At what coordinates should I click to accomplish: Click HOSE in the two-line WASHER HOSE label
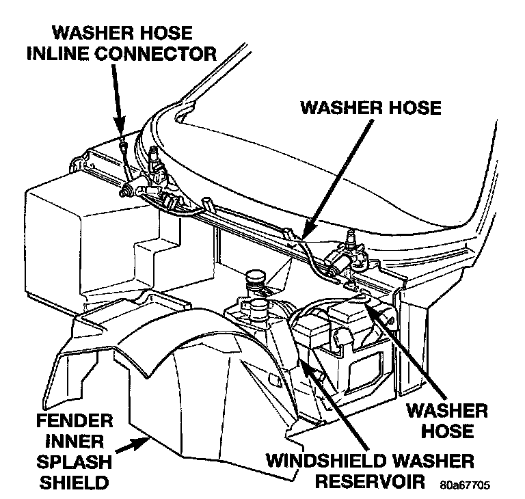pos(448,431)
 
